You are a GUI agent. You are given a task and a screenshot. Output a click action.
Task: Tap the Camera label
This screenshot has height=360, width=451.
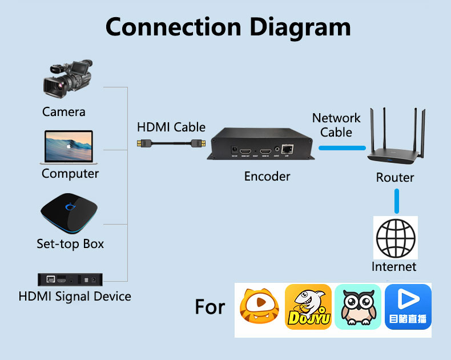64,111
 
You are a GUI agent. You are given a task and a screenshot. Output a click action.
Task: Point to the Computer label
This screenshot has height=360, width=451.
70,173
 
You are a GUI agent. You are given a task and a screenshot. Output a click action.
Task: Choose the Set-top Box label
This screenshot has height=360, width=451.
70,243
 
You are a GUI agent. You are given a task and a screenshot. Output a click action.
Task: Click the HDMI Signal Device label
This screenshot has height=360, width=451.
75,296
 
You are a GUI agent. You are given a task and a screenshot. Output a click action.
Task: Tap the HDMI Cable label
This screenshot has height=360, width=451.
171,127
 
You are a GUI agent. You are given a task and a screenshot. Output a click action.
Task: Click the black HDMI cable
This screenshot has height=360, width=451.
171,143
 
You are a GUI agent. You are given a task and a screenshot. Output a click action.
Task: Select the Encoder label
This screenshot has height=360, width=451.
267,176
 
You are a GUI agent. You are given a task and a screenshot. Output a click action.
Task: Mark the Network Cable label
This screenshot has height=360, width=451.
336,125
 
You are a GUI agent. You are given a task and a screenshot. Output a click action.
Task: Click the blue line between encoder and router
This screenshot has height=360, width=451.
341,148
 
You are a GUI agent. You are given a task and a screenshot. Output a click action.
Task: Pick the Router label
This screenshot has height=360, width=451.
395,177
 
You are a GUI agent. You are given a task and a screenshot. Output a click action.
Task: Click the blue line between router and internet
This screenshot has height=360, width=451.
396,201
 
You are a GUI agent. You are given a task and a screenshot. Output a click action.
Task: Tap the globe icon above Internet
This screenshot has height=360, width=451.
395,237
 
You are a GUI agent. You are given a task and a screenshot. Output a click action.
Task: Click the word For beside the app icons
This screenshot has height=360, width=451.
210,307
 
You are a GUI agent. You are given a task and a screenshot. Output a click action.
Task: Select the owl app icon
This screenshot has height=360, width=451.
357,307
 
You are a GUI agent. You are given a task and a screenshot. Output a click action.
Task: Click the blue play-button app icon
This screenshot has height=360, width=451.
408,307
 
